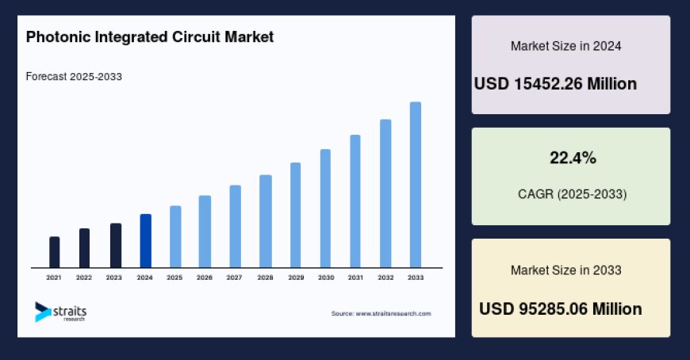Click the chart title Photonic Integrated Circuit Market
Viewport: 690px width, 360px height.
(x=149, y=36)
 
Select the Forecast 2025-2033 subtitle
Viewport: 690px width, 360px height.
(x=73, y=76)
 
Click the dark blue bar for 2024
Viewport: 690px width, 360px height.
(x=145, y=240)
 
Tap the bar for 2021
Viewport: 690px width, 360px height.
(x=54, y=251)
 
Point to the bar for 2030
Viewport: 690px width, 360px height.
(x=325, y=208)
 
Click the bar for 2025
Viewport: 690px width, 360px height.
(x=175, y=236)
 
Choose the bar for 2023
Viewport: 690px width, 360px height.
(x=116, y=245)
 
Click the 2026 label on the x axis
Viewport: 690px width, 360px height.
(x=205, y=278)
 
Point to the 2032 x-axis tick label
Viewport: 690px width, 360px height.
(x=385, y=278)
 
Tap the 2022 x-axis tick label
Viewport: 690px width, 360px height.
(x=84, y=278)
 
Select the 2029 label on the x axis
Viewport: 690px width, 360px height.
(x=295, y=278)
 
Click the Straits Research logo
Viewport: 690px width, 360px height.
(x=60, y=312)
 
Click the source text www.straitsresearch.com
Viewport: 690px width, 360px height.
(x=381, y=313)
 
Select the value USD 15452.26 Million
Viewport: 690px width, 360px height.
(x=555, y=83)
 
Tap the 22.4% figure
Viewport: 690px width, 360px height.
(x=573, y=158)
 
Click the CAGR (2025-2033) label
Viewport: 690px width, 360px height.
(x=571, y=193)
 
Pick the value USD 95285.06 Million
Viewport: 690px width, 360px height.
(x=560, y=308)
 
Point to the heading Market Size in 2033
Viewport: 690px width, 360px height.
(x=565, y=270)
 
